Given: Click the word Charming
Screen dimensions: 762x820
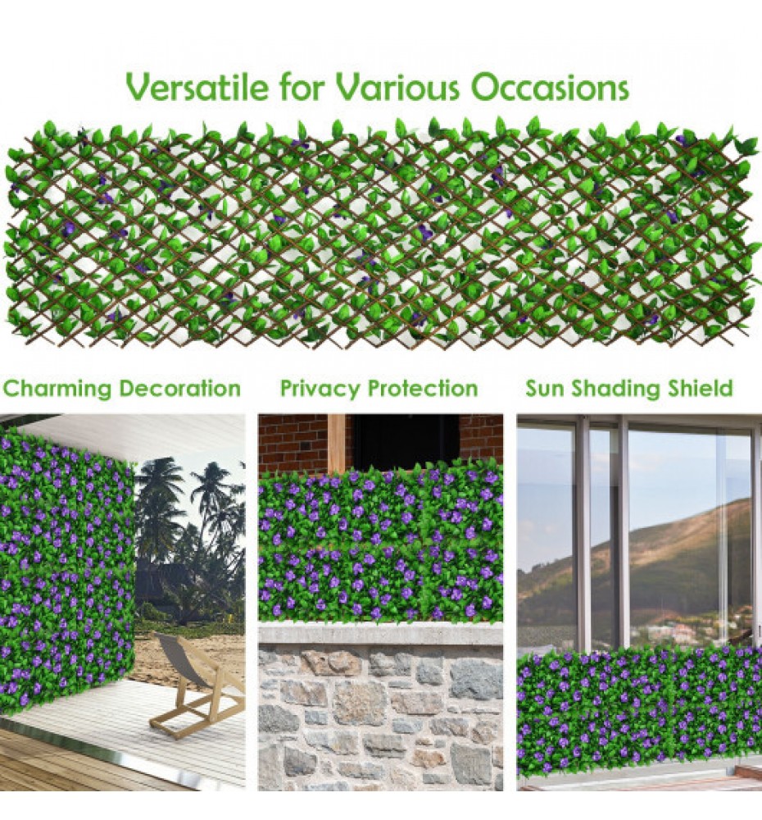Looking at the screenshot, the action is pyautogui.click(x=57, y=389).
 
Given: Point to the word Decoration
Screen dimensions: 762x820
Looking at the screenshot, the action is pyautogui.click(x=179, y=388).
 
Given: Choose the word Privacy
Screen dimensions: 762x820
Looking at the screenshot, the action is pyautogui.click(x=320, y=389).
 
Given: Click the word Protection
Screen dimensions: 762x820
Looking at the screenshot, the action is pyautogui.click(x=423, y=389).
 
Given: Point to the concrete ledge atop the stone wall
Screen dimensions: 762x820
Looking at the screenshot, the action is pyautogui.click(x=380, y=635).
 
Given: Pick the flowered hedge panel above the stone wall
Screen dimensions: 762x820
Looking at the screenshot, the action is pyautogui.click(x=380, y=544).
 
